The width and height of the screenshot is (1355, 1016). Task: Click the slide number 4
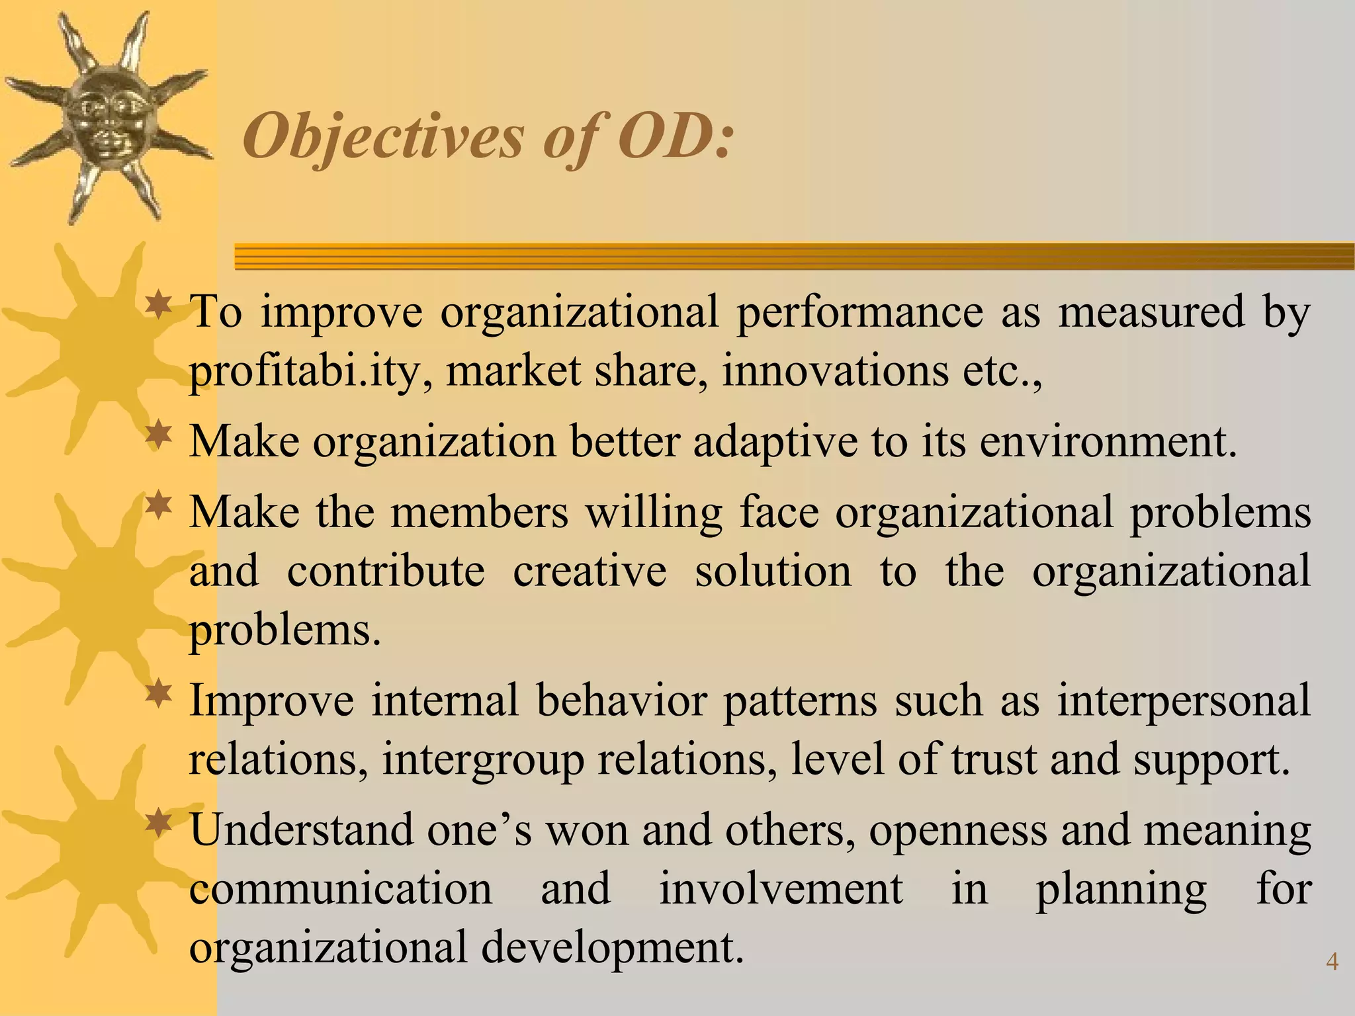pyautogui.click(x=1332, y=961)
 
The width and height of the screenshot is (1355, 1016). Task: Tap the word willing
pyautogui.click(x=654, y=514)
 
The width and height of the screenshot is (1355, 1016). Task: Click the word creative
pyautogui.click(x=590, y=571)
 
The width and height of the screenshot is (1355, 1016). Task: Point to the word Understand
pyautogui.click(x=300, y=829)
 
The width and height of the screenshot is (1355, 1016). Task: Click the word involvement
pyautogui.click(x=781, y=888)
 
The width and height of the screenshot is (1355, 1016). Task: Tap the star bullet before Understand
pyautogui.click(x=159, y=824)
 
